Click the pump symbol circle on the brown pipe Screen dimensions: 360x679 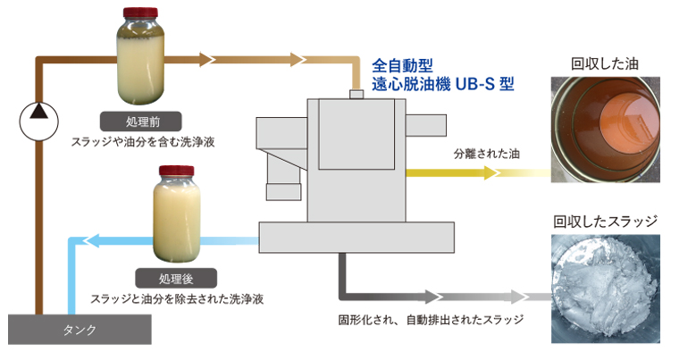click(37, 113)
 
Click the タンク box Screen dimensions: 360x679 click(80, 330)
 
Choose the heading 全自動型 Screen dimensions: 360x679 click(403, 65)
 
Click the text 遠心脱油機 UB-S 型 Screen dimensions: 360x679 click(443, 86)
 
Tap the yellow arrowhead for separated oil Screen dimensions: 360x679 click(490, 172)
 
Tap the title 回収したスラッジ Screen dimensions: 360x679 click(605, 221)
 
